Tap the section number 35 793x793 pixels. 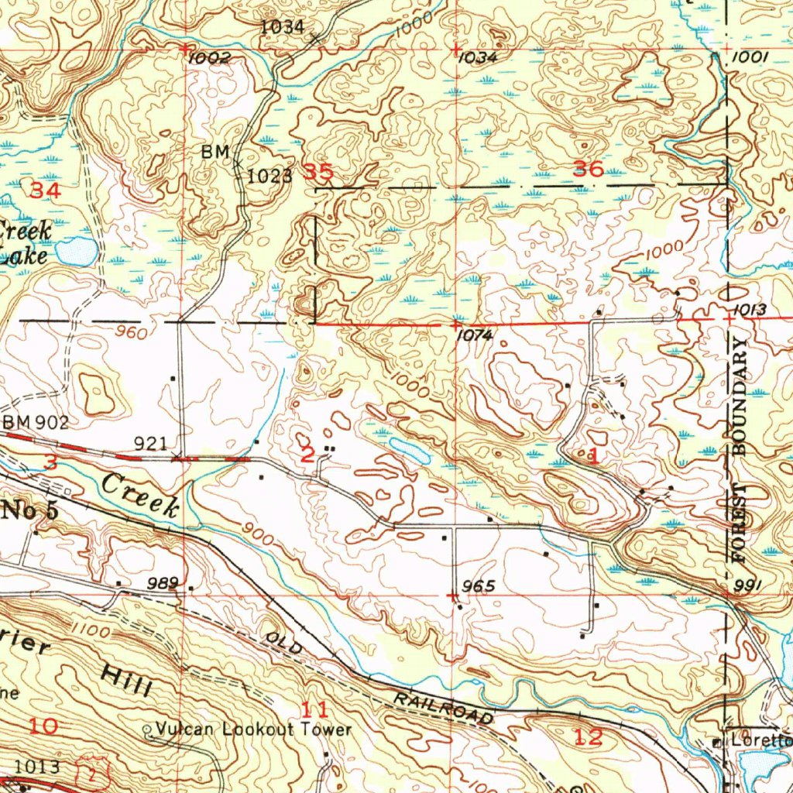(318, 172)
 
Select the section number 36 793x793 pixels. (588, 169)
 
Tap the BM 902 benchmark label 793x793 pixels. (36, 423)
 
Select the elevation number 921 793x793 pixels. (151, 443)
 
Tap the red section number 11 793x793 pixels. (314, 709)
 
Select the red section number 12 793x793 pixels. (589, 736)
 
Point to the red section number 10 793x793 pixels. (43, 726)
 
